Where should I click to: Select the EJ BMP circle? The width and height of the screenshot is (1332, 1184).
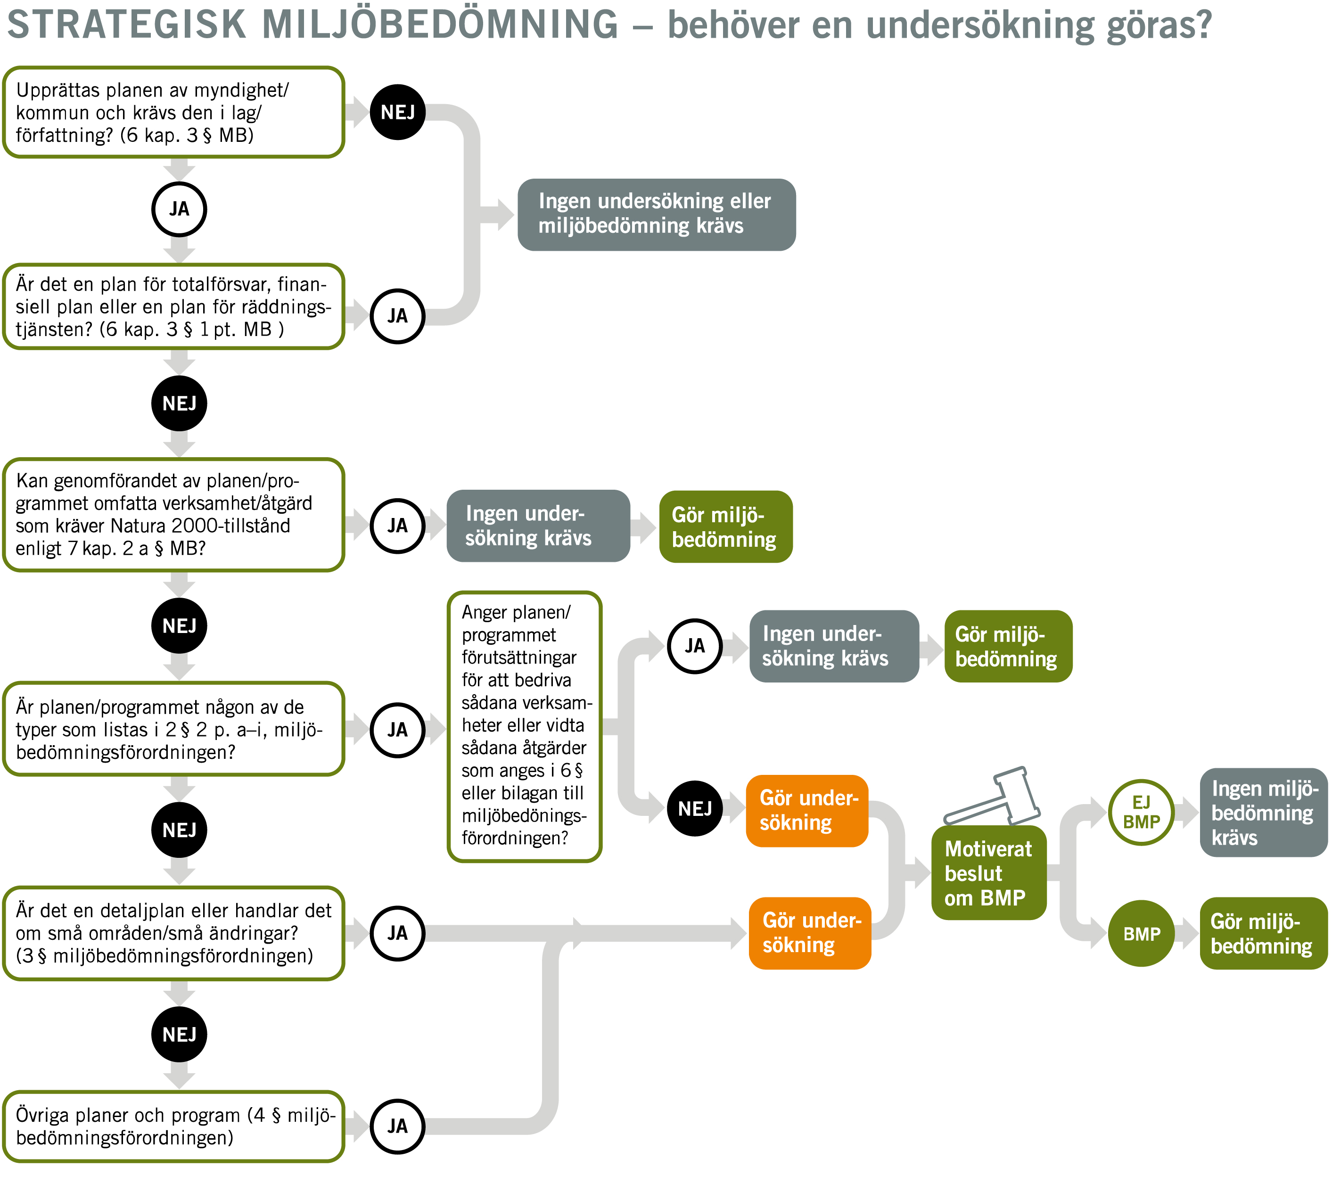pos(1141,812)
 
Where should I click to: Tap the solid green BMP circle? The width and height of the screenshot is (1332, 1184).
pos(1141,934)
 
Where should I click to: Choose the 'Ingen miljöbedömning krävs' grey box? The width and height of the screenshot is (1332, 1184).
pos(1263,813)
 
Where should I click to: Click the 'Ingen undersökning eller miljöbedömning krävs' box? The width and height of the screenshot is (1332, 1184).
pos(656,214)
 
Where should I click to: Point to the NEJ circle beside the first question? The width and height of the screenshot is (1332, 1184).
pos(397,112)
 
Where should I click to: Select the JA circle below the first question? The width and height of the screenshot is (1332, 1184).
pos(179,209)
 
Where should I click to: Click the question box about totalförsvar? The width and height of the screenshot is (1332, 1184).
pos(173,306)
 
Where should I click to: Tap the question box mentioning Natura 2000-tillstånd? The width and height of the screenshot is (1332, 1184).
pos(173,515)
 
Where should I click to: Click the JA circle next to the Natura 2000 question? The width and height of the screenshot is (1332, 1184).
pos(397,526)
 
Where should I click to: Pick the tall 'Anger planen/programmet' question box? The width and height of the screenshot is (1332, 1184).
pos(524,726)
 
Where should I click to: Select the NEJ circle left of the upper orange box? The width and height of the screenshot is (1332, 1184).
pos(695,809)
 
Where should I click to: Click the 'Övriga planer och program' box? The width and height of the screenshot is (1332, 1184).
pos(173,1126)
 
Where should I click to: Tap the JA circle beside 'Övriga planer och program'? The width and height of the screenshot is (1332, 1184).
pos(397,1126)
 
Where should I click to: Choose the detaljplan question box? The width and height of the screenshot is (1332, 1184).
pos(173,933)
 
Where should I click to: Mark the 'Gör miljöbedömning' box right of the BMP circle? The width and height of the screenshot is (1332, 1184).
pos(1263,934)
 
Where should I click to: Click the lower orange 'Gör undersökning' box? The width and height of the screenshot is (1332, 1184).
pos(809,933)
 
